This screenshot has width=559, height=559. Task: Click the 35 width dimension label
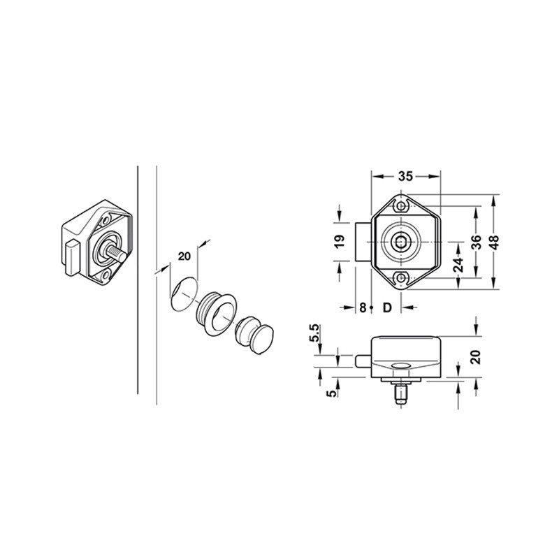(405, 176)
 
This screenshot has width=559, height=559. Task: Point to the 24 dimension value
(458, 265)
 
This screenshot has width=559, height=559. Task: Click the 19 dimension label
(340, 242)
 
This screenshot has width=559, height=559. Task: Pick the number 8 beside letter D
(363, 307)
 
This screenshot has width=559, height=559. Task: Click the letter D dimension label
(387, 307)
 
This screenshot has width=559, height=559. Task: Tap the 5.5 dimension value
(315, 333)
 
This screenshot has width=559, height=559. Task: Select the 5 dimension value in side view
(332, 393)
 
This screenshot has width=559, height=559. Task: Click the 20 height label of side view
(476, 357)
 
